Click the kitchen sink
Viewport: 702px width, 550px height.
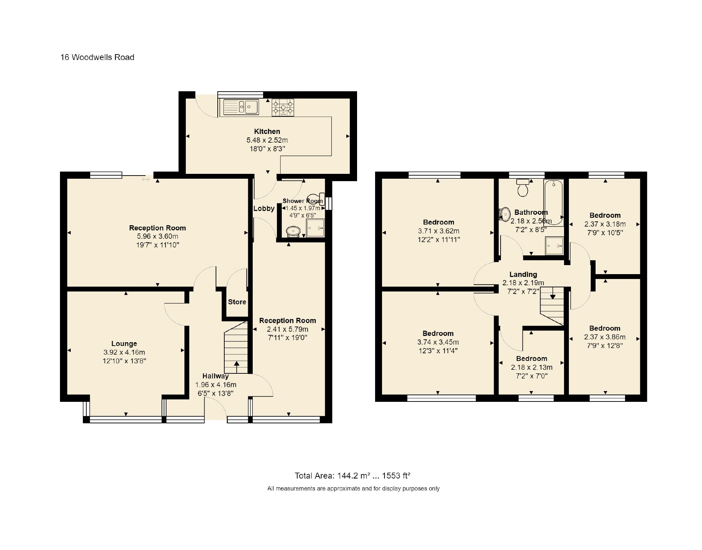click(x=241, y=107)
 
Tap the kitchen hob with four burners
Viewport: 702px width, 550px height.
click(x=283, y=107)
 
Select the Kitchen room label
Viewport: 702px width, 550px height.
click(x=267, y=132)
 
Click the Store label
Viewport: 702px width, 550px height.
click(x=237, y=302)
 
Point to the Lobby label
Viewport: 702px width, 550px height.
click(x=264, y=209)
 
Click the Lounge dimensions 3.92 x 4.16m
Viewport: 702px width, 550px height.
click(x=124, y=352)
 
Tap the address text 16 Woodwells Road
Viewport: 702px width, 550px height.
click(x=97, y=57)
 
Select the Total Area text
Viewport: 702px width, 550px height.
click(x=353, y=476)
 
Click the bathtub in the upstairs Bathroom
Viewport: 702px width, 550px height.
click(x=554, y=203)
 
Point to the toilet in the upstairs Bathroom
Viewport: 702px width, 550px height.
click(x=522, y=187)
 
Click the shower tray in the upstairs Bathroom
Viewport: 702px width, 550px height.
click(x=554, y=246)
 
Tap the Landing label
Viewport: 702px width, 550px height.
click(x=523, y=274)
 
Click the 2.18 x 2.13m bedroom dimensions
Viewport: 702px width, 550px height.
click(x=531, y=367)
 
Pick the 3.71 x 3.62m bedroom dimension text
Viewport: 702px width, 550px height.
click(x=439, y=231)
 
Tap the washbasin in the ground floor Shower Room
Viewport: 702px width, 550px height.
click(x=294, y=230)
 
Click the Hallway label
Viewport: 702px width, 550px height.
click(x=215, y=376)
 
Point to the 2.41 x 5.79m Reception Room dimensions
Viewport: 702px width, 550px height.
click(x=287, y=329)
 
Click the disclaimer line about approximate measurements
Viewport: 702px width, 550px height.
click(x=353, y=489)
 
